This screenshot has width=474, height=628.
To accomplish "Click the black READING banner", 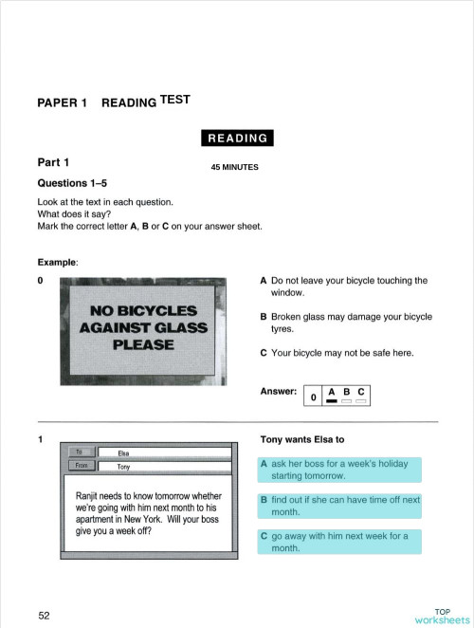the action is pyautogui.click(x=237, y=139).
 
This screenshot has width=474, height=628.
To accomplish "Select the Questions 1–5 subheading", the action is pyautogui.click(x=76, y=182).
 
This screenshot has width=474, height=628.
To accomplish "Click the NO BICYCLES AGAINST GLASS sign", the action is pyautogui.click(x=143, y=327).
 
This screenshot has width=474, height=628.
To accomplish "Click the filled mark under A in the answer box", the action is pyautogui.click(x=332, y=401).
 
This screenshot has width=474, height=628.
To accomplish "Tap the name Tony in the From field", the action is pyautogui.click(x=124, y=467).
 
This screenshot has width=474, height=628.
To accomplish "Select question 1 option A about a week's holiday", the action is pyautogui.click(x=339, y=470).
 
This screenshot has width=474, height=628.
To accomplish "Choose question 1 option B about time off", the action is pyautogui.click(x=339, y=505).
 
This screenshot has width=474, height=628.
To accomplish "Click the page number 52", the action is pyautogui.click(x=45, y=615).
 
